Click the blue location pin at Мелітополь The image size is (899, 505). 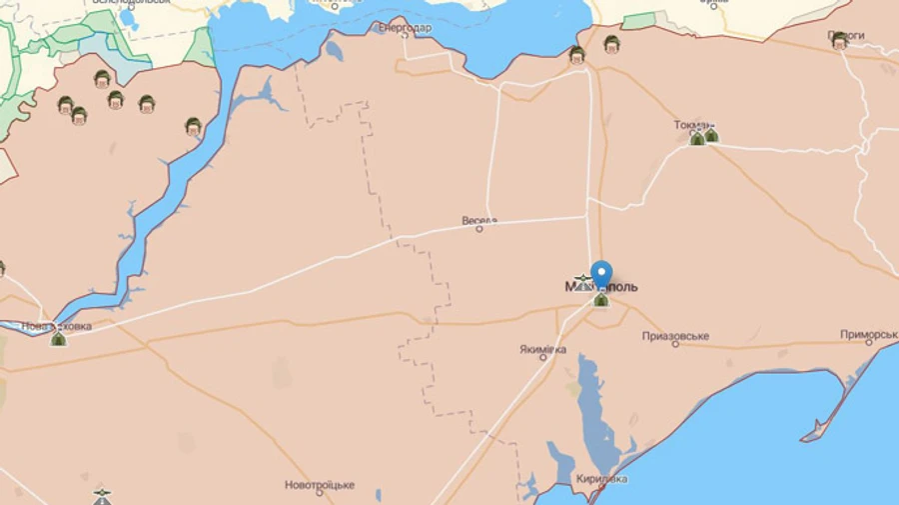click(601, 272)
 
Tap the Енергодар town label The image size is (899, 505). click(405, 28)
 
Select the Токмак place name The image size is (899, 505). click(693, 125)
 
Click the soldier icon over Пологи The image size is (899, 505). click(839, 41)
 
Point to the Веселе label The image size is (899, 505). click(479, 220)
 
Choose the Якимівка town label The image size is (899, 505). click(542, 350)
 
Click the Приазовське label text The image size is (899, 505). click(675, 336)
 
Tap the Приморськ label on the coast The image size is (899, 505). click(869, 335)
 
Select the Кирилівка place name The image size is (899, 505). click(601, 479)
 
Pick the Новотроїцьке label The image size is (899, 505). click(320, 485)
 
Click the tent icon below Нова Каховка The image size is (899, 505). click(59, 339)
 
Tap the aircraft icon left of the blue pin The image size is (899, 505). click(582, 282)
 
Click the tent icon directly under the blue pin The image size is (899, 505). click(601, 299)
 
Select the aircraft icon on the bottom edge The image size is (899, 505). click(101, 496)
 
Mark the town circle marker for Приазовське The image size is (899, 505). click(675, 344)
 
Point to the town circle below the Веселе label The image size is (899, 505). click(478, 229)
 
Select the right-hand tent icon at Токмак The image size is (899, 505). click(711, 136)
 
